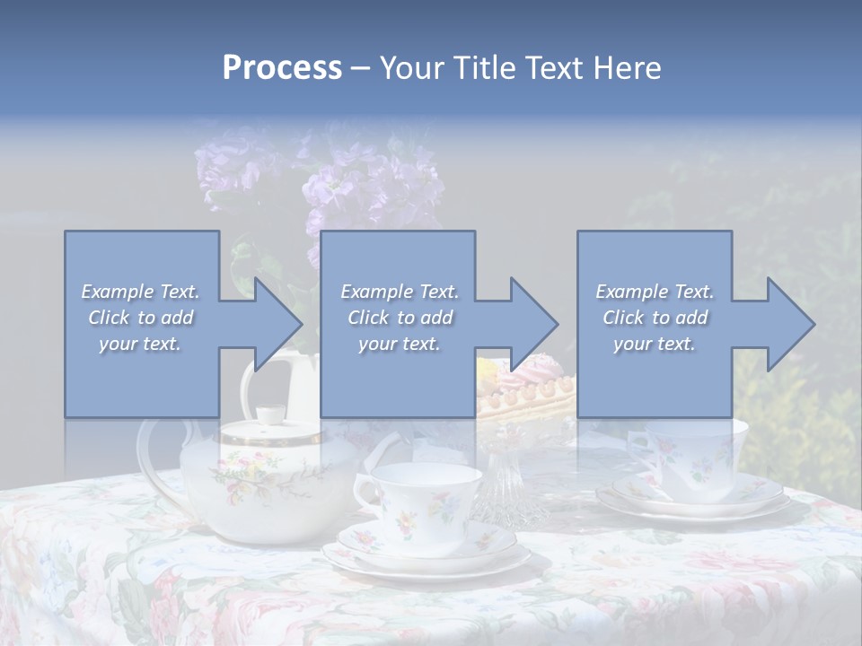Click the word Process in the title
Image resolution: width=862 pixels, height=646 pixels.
click(282, 67)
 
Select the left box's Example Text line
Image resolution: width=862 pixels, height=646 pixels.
click(140, 292)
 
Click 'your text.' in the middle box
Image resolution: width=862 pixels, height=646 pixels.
click(399, 344)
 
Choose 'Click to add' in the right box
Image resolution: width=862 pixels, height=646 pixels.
click(655, 318)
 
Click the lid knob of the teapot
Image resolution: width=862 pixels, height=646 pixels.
click(268, 415)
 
